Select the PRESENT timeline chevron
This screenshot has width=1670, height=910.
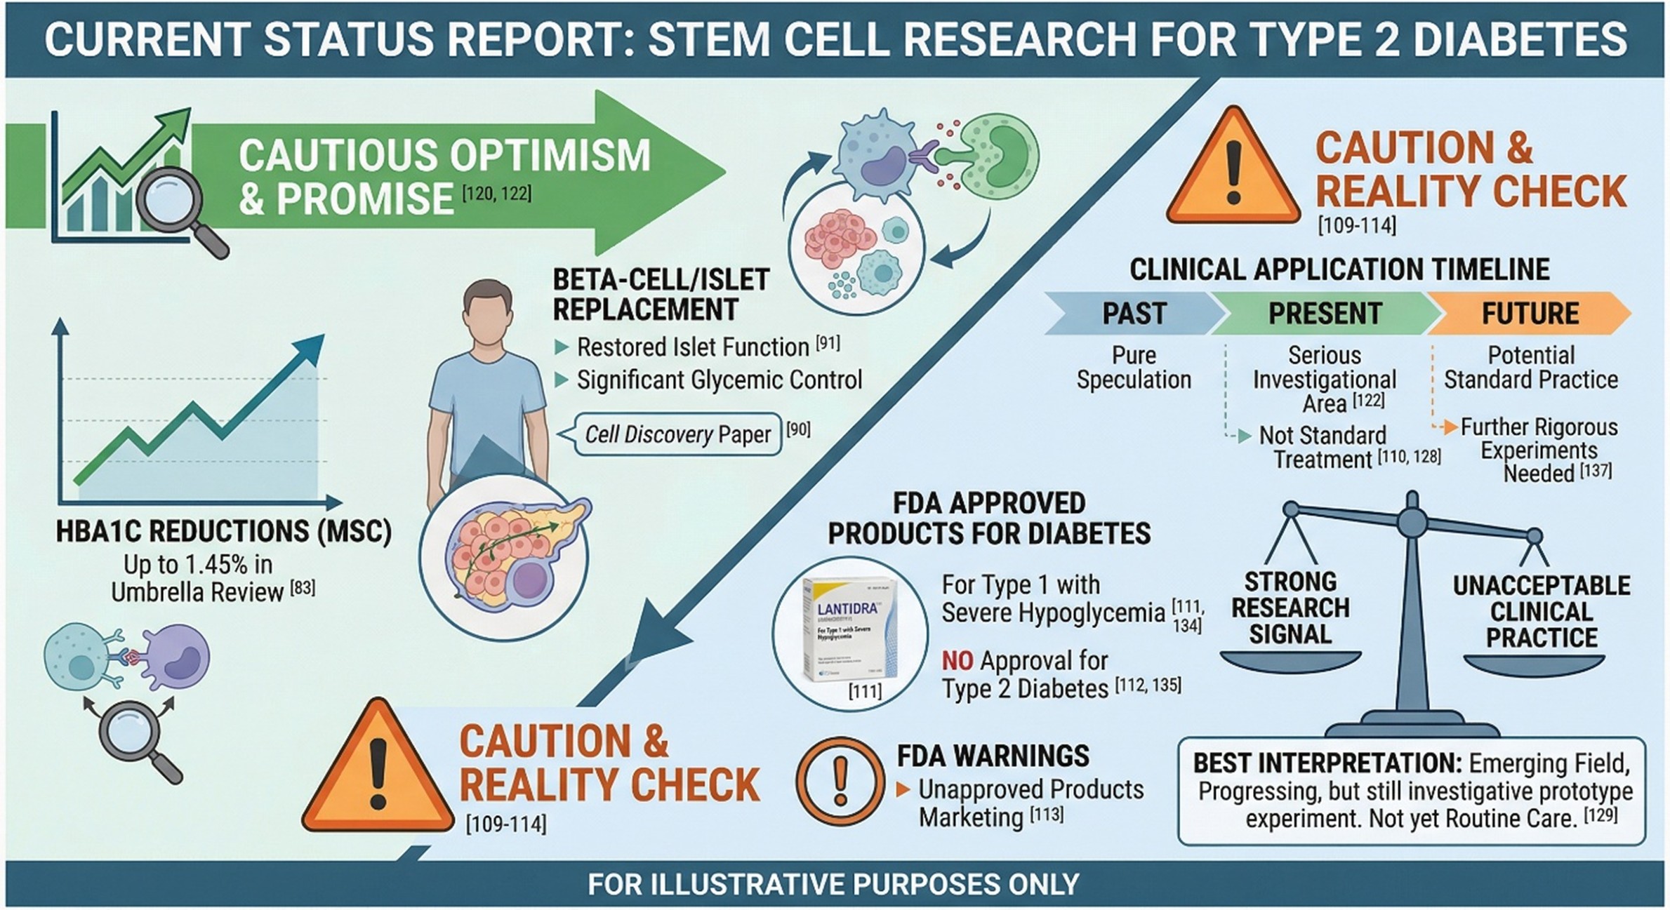(1324, 314)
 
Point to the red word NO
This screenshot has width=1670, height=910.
(957, 661)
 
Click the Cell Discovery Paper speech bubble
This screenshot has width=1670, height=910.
(677, 434)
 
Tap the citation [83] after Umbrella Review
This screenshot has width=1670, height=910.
(303, 588)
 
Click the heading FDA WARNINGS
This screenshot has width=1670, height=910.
(993, 756)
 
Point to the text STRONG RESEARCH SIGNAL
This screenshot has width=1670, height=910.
(1290, 608)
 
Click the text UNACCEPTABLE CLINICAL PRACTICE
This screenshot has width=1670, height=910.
(1542, 611)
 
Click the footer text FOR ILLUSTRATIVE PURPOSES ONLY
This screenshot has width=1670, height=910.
(833, 884)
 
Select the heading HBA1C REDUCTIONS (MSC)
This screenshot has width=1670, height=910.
(223, 531)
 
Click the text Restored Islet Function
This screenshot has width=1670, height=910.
(692, 347)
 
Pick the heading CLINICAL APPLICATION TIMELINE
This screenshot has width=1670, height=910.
(1339, 269)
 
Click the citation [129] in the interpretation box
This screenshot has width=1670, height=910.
(1601, 815)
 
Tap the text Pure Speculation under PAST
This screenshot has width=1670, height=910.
(1134, 368)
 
